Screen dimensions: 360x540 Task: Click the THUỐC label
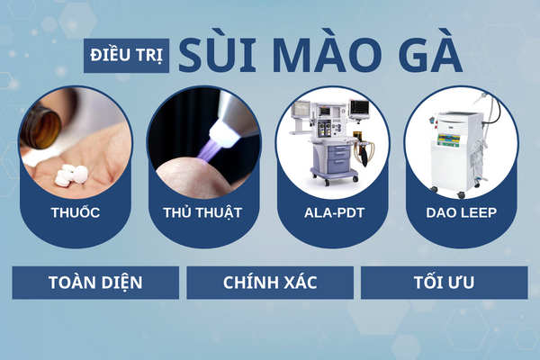(76, 214)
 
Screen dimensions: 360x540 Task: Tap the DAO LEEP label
(461, 214)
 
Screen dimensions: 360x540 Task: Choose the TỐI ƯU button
(443, 283)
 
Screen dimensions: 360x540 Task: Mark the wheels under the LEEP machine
(459, 192)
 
